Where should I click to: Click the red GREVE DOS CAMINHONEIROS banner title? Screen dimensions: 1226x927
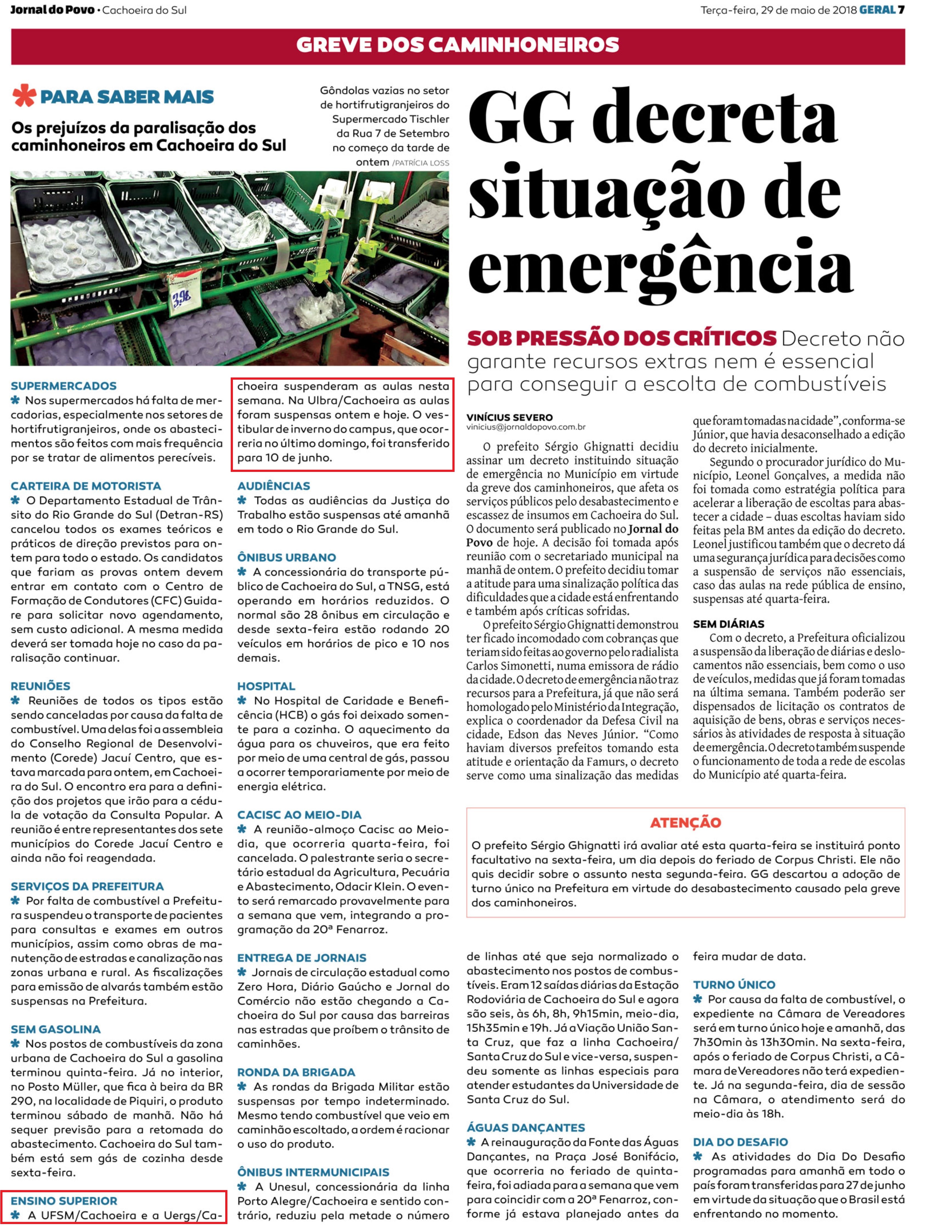click(457, 45)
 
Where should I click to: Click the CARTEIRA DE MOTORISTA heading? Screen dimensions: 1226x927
click(86, 486)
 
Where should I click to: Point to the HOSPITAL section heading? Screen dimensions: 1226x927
click(266, 686)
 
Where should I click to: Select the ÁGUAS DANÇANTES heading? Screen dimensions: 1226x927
click(526, 1127)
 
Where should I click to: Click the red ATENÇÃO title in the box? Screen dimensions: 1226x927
click(686, 822)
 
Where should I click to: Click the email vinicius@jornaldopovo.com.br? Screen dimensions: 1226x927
click(526, 427)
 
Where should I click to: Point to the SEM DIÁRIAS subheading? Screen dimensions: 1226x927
click(728, 624)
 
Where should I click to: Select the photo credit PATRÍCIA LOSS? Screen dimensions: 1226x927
click(421, 163)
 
